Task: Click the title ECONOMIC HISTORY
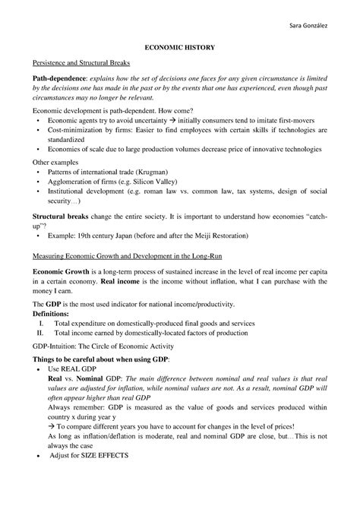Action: coord(180,47)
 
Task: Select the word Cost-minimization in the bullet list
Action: coord(77,129)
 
